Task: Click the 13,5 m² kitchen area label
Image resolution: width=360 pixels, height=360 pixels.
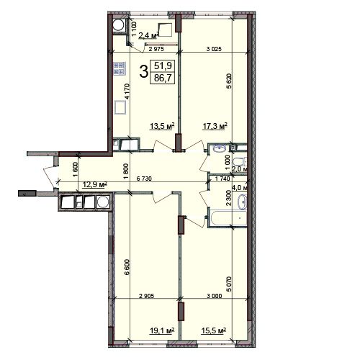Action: click(162, 126)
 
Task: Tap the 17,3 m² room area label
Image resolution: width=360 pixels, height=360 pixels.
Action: click(215, 126)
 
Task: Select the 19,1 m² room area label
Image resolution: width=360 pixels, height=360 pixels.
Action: click(162, 330)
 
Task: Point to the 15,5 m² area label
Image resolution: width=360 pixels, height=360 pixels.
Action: click(215, 330)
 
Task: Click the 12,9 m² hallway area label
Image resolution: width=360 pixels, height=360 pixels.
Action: click(95, 185)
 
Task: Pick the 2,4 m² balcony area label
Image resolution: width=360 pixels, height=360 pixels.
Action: click(149, 35)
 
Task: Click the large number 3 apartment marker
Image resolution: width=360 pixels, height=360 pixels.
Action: click(143, 71)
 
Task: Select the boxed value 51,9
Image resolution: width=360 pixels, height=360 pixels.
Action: click(163, 66)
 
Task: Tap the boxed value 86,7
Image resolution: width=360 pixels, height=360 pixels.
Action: click(163, 78)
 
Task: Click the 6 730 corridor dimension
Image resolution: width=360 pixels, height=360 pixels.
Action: click(144, 179)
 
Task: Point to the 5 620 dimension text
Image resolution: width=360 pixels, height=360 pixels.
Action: click(229, 81)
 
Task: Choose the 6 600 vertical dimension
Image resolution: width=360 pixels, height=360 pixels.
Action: click(127, 267)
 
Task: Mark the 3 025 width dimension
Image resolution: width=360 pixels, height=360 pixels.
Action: click(214, 49)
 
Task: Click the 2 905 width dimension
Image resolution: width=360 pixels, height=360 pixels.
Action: click(147, 296)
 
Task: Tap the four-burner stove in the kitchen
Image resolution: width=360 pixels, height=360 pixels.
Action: click(120, 68)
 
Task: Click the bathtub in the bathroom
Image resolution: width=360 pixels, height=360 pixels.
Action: click(228, 218)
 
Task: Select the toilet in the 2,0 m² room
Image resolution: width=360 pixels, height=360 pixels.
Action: click(239, 161)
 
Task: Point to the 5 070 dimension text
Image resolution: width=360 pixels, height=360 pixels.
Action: click(229, 284)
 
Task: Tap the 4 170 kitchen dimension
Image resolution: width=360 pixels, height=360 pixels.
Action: click(127, 91)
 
